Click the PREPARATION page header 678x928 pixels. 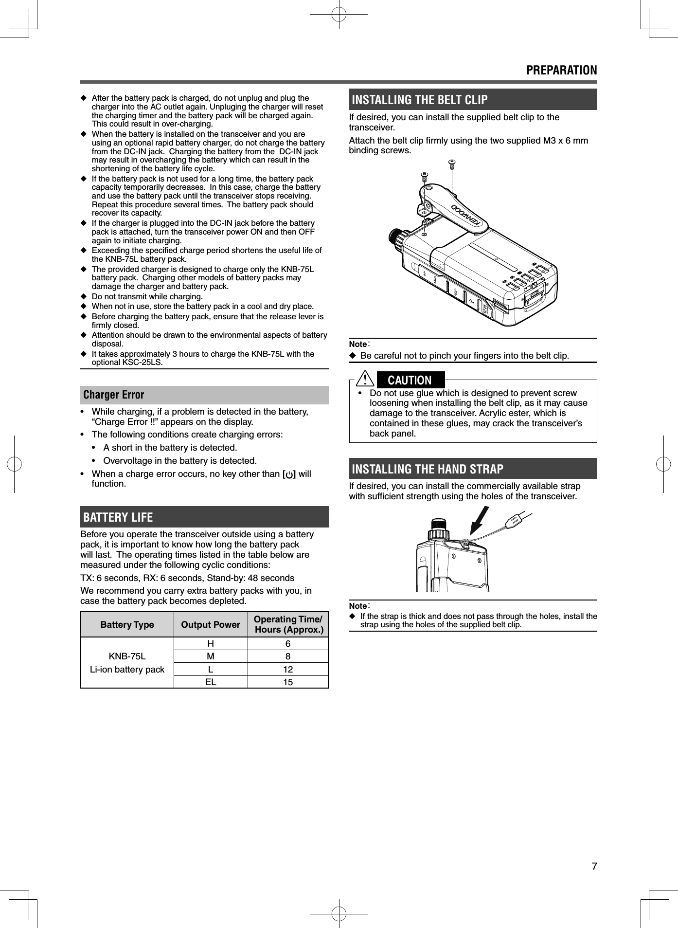(561, 70)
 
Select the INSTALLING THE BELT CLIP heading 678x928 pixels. (419, 100)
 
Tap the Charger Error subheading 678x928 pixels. (114, 395)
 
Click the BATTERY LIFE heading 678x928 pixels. (118, 517)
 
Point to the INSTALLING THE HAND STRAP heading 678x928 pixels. (428, 469)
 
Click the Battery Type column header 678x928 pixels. (127, 624)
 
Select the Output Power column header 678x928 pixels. (211, 624)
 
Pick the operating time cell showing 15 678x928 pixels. (288, 682)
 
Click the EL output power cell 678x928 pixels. (211, 682)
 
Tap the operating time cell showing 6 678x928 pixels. (288, 644)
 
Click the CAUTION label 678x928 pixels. (410, 380)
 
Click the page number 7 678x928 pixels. (594, 866)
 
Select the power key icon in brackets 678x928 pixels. (289, 474)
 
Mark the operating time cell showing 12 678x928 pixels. (288, 669)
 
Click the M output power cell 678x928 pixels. (211, 656)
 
